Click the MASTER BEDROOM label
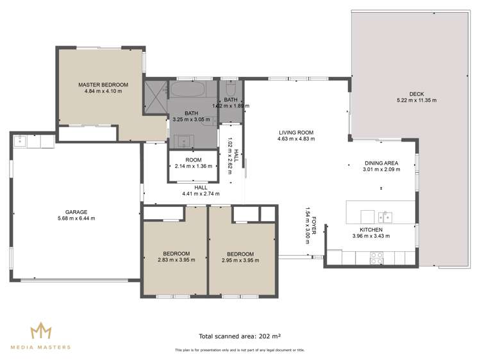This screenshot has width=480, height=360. pyautogui.click(x=103, y=85)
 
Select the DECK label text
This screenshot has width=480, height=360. pyautogui.click(x=407, y=94)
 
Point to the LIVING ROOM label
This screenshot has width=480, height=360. pyautogui.click(x=295, y=132)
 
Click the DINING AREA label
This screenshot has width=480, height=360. pyautogui.click(x=381, y=163)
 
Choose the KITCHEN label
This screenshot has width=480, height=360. pyautogui.click(x=371, y=229)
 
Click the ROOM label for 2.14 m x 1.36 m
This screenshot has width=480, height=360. pyautogui.click(x=194, y=160)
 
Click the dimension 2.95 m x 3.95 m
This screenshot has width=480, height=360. pyautogui.click(x=240, y=260)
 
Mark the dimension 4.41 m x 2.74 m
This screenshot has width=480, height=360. pyautogui.click(x=201, y=193)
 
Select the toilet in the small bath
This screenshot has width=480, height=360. pyautogui.click(x=231, y=87)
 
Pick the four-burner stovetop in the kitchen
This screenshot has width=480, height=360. pyautogui.click(x=377, y=258)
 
